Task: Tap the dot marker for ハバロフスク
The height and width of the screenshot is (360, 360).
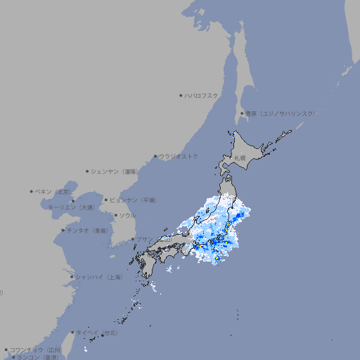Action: click(x=181, y=95)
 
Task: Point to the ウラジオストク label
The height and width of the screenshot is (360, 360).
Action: click(x=179, y=156)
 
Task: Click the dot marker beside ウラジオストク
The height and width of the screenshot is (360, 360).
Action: click(x=155, y=157)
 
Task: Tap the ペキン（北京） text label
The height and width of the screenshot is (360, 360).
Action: click(x=54, y=191)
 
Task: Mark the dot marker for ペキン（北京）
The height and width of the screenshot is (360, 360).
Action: click(x=32, y=191)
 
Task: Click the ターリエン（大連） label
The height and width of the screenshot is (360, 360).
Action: click(x=71, y=207)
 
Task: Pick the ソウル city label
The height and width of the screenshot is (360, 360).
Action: click(x=127, y=215)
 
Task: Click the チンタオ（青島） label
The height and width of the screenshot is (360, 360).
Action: click(x=87, y=230)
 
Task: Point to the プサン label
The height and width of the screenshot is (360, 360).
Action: click(x=144, y=239)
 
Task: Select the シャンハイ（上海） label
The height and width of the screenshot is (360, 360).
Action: click(x=98, y=277)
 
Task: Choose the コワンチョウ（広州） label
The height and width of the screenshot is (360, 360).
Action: click(x=36, y=349)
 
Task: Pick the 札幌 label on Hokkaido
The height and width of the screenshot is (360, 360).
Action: click(x=240, y=158)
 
